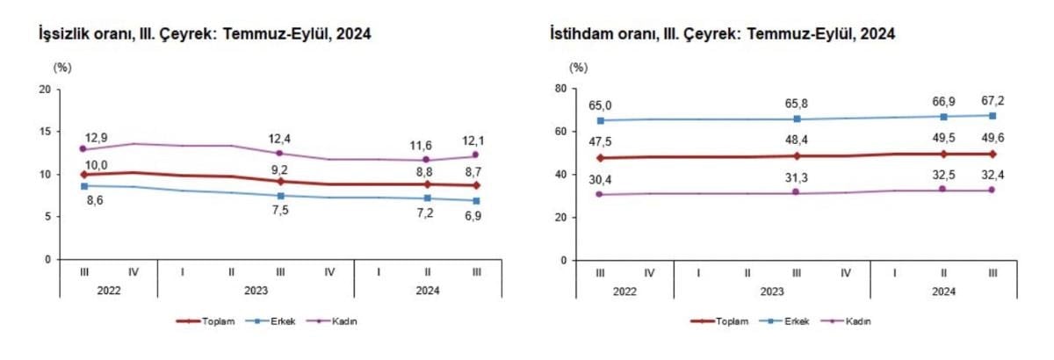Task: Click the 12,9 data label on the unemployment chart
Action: click(x=96, y=138)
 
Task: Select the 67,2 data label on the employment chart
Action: click(x=992, y=102)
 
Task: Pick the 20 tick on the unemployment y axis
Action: click(x=46, y=89)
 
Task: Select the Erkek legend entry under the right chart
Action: click(x=799, y=321)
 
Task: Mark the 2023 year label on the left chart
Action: click(x=256, y=289)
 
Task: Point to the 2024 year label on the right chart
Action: click(x=942, y=289)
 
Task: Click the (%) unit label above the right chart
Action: click(x=577, y=67)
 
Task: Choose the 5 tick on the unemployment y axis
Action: click(x=48, y=217)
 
